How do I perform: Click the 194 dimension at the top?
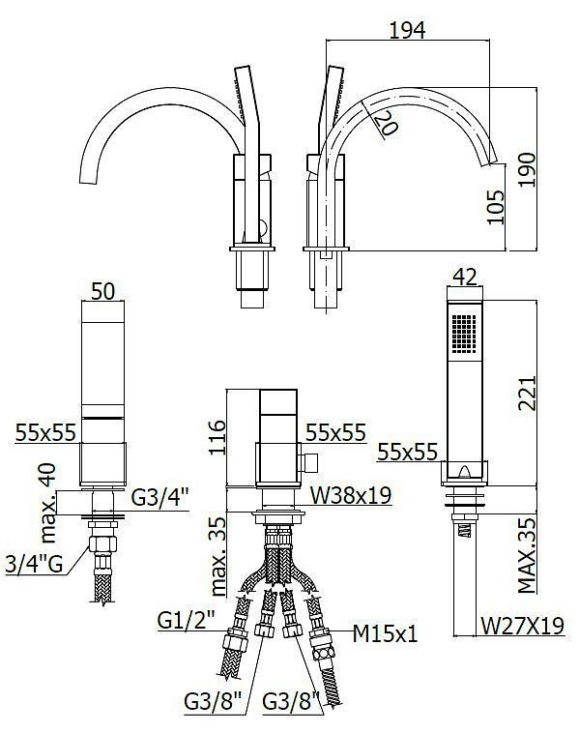click(x=407, y=30)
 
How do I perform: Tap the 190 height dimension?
click(x=527, y=169)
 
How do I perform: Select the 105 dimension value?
click(x=495, y=207)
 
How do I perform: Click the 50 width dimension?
click(x=102, y=291)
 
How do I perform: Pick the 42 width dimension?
click(x=465, y=278)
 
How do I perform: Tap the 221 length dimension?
click(x=527, y=393)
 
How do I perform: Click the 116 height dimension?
click(x=217, y=437)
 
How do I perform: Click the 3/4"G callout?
click(x=34, y=564)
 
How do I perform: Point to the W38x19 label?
click(x=351, y=494)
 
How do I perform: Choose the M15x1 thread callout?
click(x=385, y=633)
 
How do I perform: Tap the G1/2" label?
click(x=186, y=620)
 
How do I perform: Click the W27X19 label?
click(x=523, y=626)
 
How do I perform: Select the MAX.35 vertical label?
click(x=527, y=554)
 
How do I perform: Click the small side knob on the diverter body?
click(x=309, y=462)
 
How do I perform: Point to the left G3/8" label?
click(x=213, y=701)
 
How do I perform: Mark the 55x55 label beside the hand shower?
click(x=408, y=452)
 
